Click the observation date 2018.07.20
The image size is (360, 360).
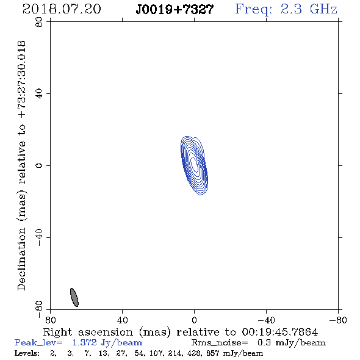click(x=62, y=9)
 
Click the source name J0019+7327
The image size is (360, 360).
click(x=175, y=10)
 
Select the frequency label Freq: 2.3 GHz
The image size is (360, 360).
click(x=286, y=9)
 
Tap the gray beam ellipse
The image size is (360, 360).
click(x=74, y=297)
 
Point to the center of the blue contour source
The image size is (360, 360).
click(x=194, y=165)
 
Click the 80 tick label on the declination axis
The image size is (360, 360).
click(x=39, y=22)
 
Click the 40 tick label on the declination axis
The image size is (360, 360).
click(x=39, y=94)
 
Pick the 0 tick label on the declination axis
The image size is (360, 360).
click(x=39, y=165)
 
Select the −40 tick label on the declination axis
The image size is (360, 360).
click(x=39, y=237)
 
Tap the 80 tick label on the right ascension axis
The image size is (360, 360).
click(x=50, y=320)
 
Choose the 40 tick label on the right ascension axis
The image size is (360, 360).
click(x=123, y=320)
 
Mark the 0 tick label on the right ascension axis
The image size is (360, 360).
click(x=194, y=320)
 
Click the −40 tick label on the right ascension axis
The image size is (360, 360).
click(x=266, y=320)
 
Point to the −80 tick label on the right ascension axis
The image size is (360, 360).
click(x=338, y=320)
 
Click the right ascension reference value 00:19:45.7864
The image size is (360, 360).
click(x=280, y=332)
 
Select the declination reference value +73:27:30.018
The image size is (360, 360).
click(x=22, y=80)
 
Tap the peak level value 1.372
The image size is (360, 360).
click(x=84, y=342)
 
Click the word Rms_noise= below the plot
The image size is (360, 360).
click(x=220, y=343)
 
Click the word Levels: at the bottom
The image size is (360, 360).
click(x=27, y=353)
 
